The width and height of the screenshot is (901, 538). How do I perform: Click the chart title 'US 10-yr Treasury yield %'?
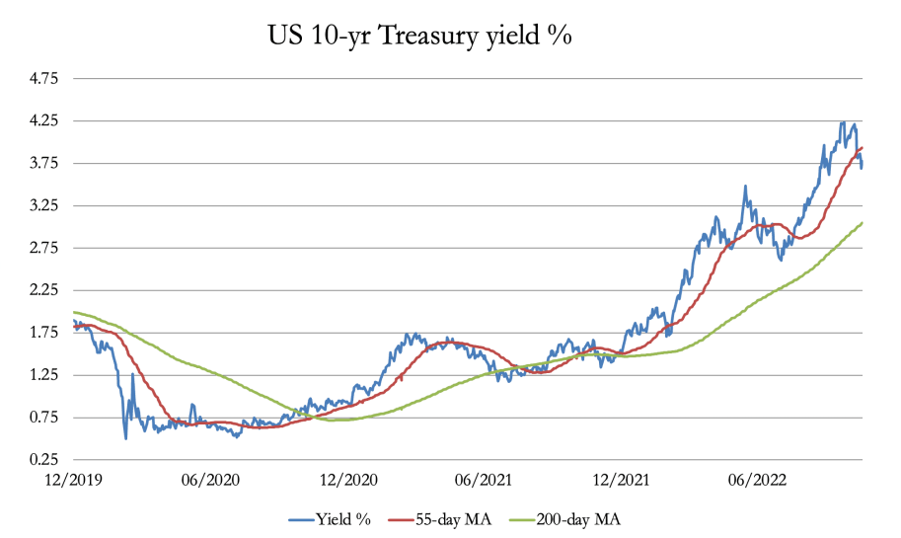420,37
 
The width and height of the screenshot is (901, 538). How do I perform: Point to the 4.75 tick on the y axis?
45,78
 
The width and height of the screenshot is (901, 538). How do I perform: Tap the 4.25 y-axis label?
45,120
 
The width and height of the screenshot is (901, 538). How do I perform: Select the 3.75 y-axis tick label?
45,163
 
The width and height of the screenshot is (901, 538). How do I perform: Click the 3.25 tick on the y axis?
45,205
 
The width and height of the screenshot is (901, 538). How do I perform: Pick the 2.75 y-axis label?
45,248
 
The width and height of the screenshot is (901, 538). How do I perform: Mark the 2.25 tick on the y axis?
45,290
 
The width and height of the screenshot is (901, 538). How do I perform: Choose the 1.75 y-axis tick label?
45,333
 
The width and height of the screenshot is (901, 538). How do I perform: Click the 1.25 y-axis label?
45,375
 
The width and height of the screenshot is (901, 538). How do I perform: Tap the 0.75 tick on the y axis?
45,418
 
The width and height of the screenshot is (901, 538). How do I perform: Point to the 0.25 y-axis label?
45,460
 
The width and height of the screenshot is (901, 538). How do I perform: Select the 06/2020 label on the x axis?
209,480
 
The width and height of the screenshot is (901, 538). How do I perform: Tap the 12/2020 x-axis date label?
345,480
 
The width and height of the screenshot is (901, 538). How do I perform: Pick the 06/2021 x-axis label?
481,480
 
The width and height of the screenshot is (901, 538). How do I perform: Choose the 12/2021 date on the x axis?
617,480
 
